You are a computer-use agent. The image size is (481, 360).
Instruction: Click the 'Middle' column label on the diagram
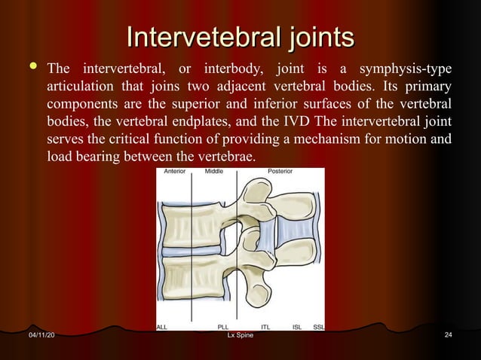pos(213,172)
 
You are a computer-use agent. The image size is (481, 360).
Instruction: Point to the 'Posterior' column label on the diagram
pos(280,172)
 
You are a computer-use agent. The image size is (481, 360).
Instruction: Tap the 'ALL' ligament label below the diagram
pos(162,327)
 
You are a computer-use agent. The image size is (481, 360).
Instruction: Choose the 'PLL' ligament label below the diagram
pos(223,327)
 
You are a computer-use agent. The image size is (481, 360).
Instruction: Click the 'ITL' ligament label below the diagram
pos(265,327)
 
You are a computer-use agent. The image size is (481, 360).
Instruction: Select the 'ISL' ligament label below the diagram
pos(296,327)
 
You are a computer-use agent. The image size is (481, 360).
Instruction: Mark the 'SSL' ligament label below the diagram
pos(318,327)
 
